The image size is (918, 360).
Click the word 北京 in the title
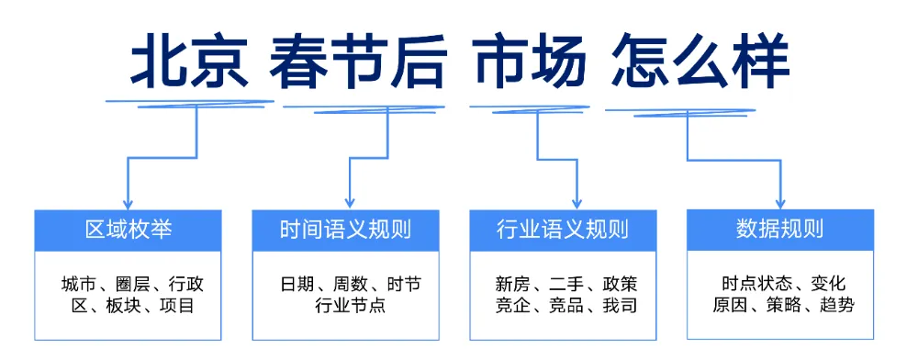pos(189,63)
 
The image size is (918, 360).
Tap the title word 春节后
pos(359,63)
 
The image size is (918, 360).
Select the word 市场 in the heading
pos(530,63)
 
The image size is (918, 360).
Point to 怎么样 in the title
pos(700,63)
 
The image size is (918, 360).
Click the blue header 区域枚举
pos(128,230)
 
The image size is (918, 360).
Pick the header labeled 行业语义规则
pos(563,230)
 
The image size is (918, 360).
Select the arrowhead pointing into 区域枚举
pos(128,203)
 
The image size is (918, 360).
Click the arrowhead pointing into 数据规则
pos(779,203)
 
